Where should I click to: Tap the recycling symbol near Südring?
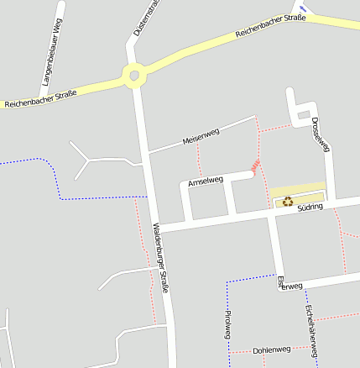[x=288, y=201]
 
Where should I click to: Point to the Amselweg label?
[x=205, y=181]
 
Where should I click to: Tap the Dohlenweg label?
[x=271, y=350]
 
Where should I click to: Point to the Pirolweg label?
[x=227, y=323]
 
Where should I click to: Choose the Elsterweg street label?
[x=290, y=283]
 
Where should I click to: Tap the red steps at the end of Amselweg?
[x=255, y=166]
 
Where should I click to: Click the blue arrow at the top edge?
[x=304, y=8]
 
